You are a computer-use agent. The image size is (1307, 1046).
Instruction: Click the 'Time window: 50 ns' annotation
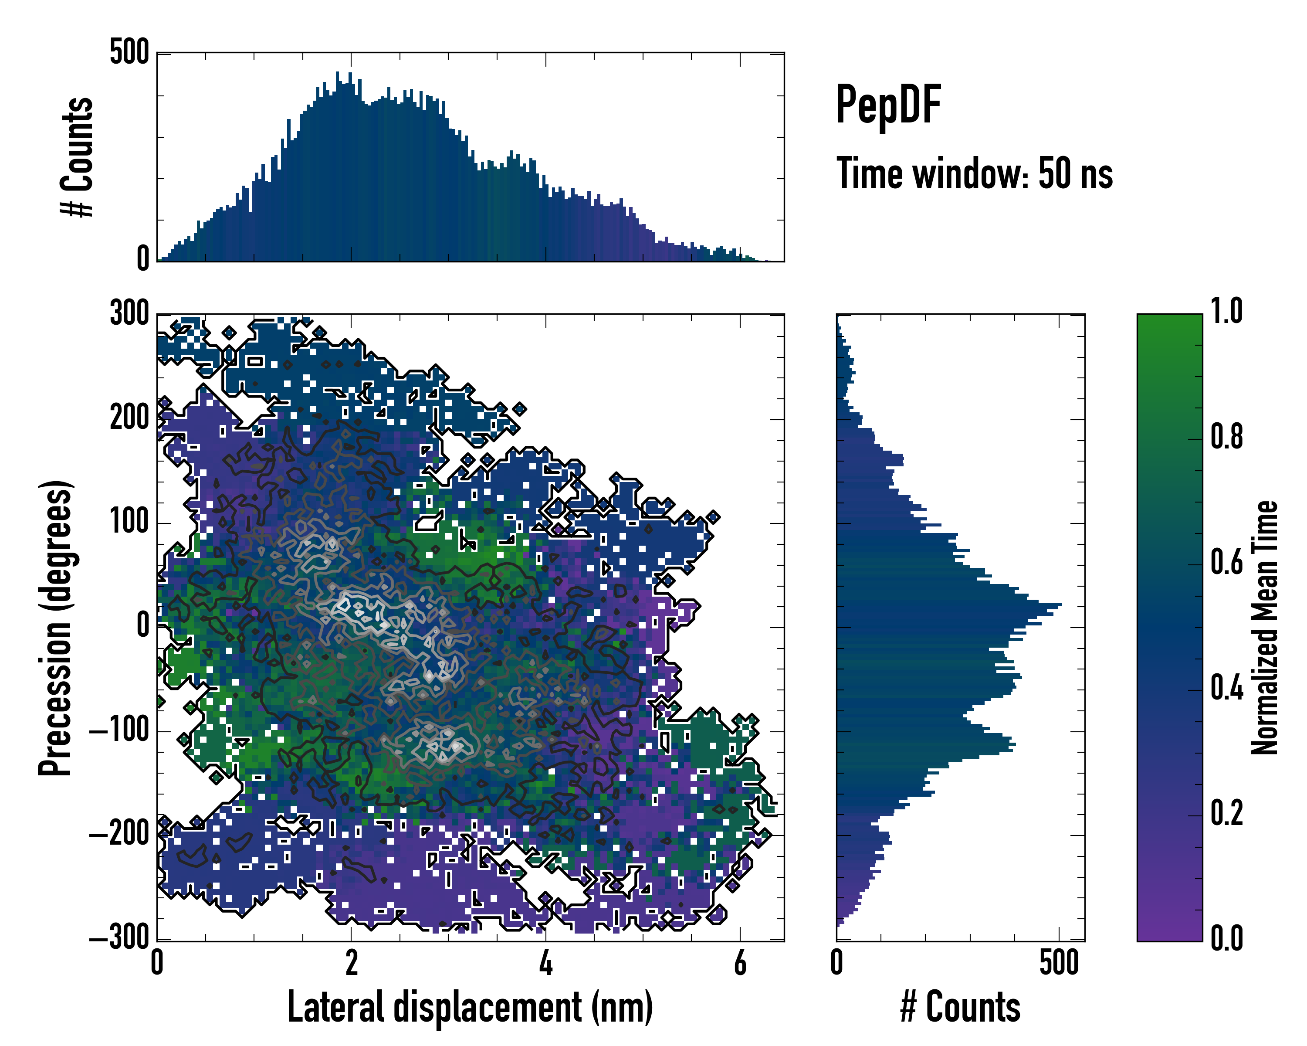pyautogui.click(x=974, y=174)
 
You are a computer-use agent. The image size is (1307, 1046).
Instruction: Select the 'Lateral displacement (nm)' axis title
pyautogui.click(x=470, y=1007)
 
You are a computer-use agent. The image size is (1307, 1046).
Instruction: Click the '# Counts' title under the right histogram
pyautogui.click(x=960, y=1007)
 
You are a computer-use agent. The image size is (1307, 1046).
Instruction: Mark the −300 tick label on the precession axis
pyautogui.click(x=119, y=938)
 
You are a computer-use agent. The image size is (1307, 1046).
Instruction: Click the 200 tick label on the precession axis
pyautogui.click(x=129, y=418)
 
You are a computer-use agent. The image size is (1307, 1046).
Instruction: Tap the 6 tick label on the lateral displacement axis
pyautogui.click(x=740, y=963)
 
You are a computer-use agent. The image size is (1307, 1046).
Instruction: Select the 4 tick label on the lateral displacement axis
pyautogui.click(x=545, y=963)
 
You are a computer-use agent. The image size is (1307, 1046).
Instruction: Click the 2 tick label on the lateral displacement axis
pyautogui.click(x=352, y=963)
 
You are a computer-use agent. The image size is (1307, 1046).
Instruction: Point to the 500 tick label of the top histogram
pyautogui.click(x=129, y=53)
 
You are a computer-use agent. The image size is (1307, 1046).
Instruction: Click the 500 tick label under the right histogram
pyautogui.click(x=1059, y=963)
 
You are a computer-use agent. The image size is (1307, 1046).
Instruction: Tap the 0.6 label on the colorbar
pyautogui.click(x=1226, y=562)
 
